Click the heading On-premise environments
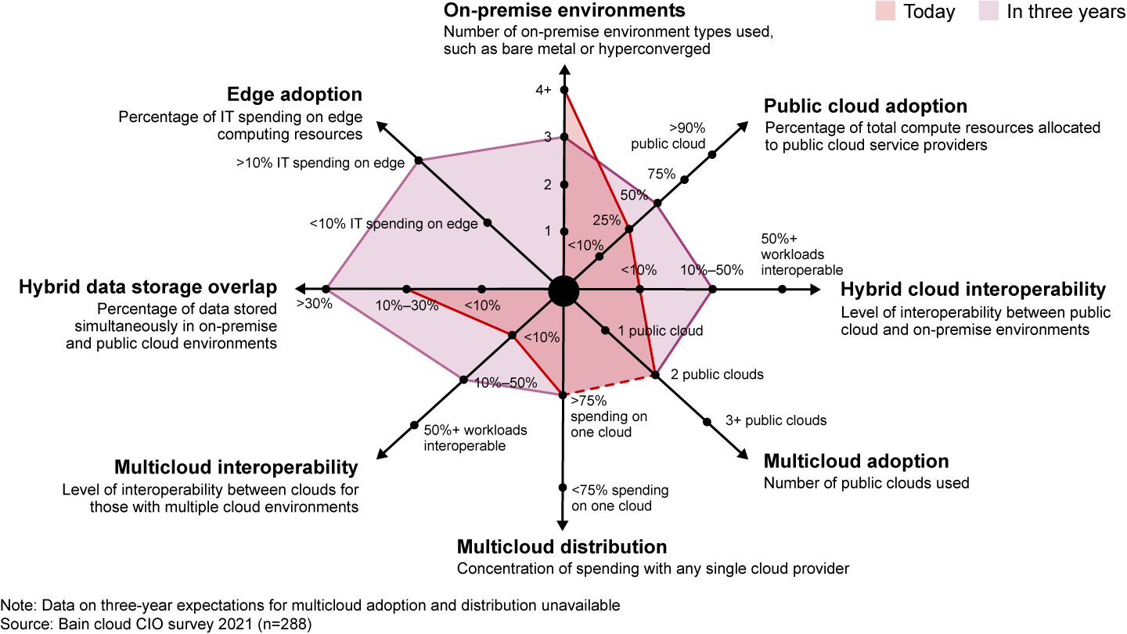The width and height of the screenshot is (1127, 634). pos(563,11)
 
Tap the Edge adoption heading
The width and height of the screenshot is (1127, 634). pos(294,95)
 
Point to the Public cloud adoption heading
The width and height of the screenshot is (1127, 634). pos(866,106)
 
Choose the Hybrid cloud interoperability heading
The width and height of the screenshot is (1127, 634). pos(973,289)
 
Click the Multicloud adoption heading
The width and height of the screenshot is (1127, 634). pos(856,460)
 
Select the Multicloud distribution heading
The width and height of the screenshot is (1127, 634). pos(562,546)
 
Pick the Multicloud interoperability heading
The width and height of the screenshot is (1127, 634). pos(236,467)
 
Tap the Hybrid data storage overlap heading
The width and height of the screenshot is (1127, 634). pos(148,287)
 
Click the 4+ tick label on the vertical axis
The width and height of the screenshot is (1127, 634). pos(544,90)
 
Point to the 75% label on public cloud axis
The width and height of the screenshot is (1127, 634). pos(661,174)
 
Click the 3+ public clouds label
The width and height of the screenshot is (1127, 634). pos(776,420)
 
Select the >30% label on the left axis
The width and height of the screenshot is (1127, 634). pos(314,304)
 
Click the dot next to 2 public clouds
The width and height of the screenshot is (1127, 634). pos(655,375)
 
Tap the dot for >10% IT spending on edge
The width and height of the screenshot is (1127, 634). pos(419,160)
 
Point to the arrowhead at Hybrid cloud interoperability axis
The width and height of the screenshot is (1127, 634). pos(816,290)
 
